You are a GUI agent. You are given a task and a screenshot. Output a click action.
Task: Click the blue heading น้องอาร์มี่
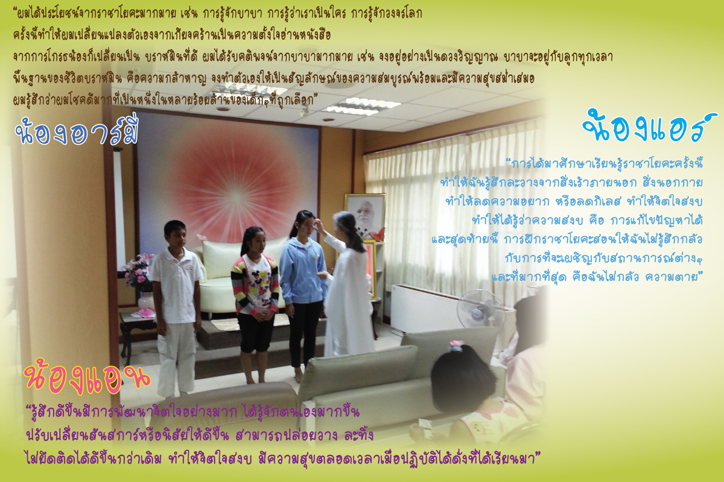pos(77,130)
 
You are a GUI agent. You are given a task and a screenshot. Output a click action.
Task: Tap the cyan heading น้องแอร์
pos(650,126)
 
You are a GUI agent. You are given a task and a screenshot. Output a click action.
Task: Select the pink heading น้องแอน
pos(87,377)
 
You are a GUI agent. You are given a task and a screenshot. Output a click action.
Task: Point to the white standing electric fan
pos(480,309)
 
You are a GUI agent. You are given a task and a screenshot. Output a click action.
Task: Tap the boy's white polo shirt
pos(176,285)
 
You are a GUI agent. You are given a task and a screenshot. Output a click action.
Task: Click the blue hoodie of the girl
pos(302,271)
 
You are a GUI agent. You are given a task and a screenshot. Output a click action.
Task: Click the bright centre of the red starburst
pos(237,196)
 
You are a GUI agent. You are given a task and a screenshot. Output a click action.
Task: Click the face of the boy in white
pos(176,235)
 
